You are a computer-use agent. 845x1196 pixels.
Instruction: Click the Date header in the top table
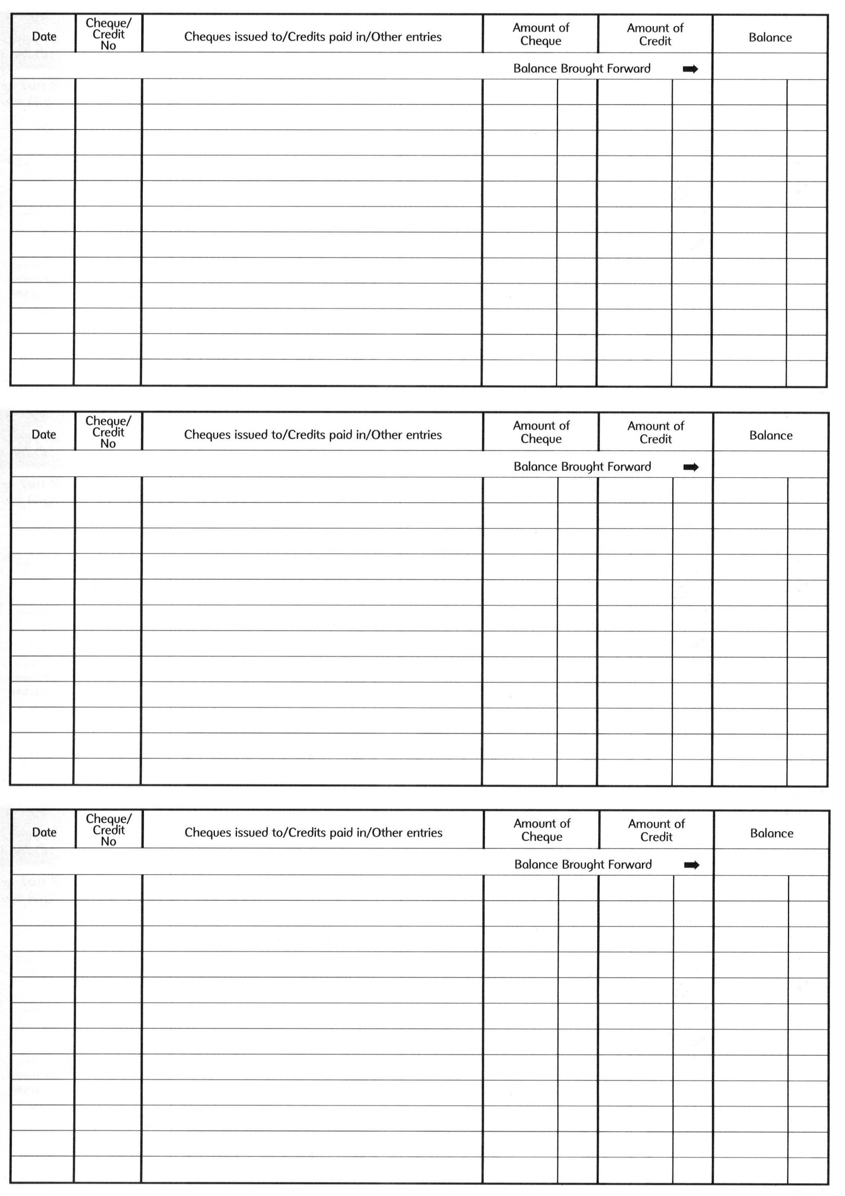pyautogui.click(x=44, y=37)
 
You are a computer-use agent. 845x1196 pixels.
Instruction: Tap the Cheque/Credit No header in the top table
pyautogui.click(x=108, y=34)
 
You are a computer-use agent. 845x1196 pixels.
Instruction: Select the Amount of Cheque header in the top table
pyautogui.click(x=541, y=34)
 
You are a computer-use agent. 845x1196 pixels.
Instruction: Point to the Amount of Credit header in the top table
pyautogui.click(x=655, y=34)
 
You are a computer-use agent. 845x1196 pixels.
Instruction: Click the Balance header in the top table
pyautogui.click(x=770, y=37)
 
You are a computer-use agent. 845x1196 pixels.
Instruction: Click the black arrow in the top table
pyautogui.click(x=690, y=69)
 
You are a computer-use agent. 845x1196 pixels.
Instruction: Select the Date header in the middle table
pyautogui.click(x=44, y=435)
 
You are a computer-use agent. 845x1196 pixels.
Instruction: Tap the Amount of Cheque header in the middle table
pyautogui.click(x=542, y=432)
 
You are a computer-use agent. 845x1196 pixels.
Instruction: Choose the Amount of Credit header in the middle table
pyautogui.click(x=655, y=432)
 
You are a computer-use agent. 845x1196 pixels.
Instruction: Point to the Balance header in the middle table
pyautogui.click(x=771, y=435)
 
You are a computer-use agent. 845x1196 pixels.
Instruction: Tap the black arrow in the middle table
pyautogui.click(x=691, y=467)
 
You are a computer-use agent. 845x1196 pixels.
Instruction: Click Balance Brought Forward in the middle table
pyautogui.click(x=582, y=467)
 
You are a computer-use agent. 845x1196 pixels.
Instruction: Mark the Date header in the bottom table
pyautogui.click(x=44, y=832)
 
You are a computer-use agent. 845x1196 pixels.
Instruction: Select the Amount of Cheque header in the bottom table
pyautogui.click(x=542, y=830)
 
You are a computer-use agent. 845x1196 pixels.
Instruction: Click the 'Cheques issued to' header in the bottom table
pyautogui.click(x=313, y=832)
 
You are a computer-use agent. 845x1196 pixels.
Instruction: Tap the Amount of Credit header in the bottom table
pyautogui.click(x=656, y=830)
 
